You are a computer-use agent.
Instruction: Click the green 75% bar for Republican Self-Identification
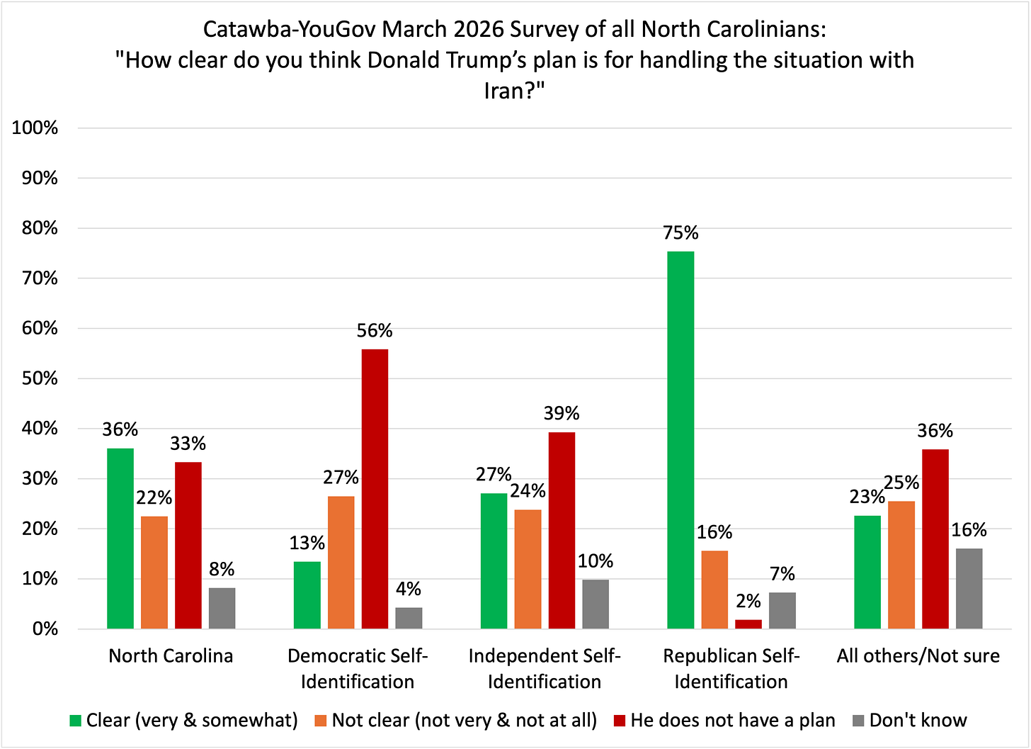pyautogui.click(x=680, y=439)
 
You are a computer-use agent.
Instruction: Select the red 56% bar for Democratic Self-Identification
pyautogui.click(x=375, y=489)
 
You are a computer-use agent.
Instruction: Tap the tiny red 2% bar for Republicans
pyautogui.click(x=748, y=624)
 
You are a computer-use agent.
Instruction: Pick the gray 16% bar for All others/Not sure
pyautogui.click(x=969, y=588)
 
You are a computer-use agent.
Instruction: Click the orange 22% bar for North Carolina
pyautogui.click(x=154, y=573)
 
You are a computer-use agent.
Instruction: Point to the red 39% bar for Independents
pyautogui.click(x=562, y=530)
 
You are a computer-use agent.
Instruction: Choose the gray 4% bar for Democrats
pyautogui.click(x=409, y=618)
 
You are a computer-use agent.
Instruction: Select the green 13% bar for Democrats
pyautogui.click(x=307, y=595)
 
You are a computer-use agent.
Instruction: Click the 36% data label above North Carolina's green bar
pyautogui.click(x=120, y=429)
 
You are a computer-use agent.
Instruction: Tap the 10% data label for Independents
pyautogui.click(x=596, y=561)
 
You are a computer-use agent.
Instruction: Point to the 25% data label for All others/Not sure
pyautogui.click(x=901, y=483)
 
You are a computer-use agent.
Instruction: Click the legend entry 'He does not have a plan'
pyautogui.click(x=732, y=721)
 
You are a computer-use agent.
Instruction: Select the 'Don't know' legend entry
pyautogui.click(x=918, y=721)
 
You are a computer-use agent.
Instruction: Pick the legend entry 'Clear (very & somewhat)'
pyautogui.click(x=191, y=721)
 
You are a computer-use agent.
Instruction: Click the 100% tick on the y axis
pyautogui.click(x=35, y=128)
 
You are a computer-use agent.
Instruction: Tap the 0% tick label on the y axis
pyautogui.click(x=42, y=629)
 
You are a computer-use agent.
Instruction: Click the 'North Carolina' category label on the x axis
pyautogui.click(x=171, y=656)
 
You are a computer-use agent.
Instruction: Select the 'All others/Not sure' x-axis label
pyautogui.click(x=918, y=656)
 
